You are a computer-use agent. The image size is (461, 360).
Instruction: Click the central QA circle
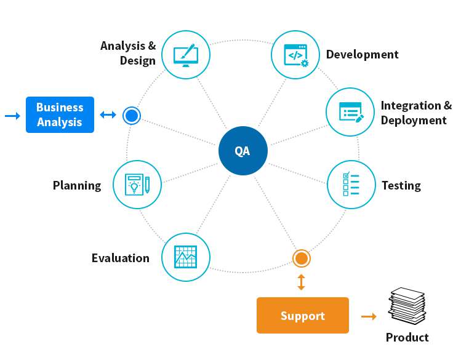pyautogui.click(x=243, y=151)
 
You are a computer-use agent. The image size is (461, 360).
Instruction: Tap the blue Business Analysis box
pyautogui.click(x=60, y=114)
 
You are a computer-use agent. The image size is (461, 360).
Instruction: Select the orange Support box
pyautogui.click(x=302, y=316)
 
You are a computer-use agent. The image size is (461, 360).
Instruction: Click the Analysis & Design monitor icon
pyautogui.click(x=185, y=54)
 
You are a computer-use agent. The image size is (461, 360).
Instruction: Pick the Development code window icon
pyautogui.click(x=295, y=54)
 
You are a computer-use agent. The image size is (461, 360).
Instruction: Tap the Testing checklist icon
pyautogui.click(x=350, y=185)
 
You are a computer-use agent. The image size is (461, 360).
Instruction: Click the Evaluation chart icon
pyautogui.click(x=185, y=257)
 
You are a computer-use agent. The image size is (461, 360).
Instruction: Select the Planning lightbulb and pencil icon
pyautogui.click(x=137, y=185)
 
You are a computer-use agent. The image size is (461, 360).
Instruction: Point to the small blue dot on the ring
pyautogui.click(x=131, y=115)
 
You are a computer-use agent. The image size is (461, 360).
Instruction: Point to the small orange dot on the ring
pyautogui.click(x=301, y=258)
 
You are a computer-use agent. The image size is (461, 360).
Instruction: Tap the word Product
pyautogui.click(x=407, y=337)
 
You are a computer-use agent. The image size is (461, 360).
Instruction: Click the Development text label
pyautogui.click(x=362, y=54)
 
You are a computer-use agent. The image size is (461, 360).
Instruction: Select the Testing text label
pyautogui.click(x=401, y=185)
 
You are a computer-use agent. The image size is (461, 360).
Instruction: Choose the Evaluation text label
pyautogui.click(x=120, y=258)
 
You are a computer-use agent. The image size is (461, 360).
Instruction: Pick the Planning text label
pyautogui.click(x=77, y=185)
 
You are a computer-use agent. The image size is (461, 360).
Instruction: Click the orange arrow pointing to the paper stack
pyautogui.click(x=369, y=316)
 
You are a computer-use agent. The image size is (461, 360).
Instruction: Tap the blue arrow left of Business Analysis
pyautogui.click(x=12, y=115)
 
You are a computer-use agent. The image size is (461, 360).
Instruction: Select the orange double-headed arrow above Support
pyautogui.click(x=301, y=282)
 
